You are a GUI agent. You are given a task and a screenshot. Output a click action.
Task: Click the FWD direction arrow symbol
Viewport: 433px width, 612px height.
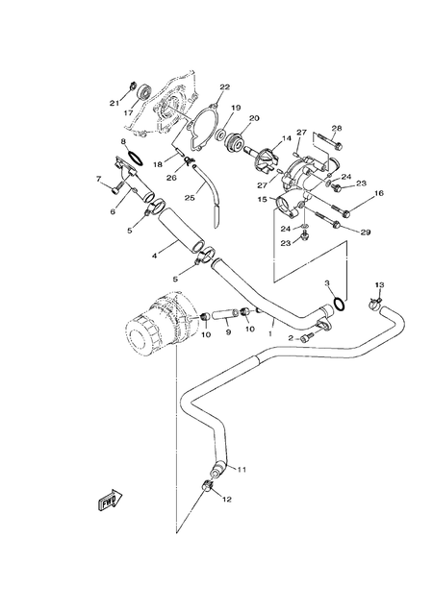point(109,501)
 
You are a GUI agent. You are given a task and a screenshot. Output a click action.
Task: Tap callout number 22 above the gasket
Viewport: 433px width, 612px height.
point(224,88)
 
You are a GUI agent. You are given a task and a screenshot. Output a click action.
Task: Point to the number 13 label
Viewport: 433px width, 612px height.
point(379,285)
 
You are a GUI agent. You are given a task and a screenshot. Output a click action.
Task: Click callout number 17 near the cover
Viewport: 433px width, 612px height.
point(127,111)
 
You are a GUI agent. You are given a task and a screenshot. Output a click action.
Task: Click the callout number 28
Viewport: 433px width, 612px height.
point(338,128)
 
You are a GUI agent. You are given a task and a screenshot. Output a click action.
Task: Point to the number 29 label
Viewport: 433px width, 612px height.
point(366,233)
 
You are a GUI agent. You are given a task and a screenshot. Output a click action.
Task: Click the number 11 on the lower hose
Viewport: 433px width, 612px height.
point(242,469)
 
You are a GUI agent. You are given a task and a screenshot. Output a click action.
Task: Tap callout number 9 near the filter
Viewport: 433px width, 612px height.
point(228,332)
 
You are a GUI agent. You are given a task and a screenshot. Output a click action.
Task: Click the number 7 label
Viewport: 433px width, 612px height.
point(98,179)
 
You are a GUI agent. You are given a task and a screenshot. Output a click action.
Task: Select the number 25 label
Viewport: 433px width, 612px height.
point(190,198)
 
